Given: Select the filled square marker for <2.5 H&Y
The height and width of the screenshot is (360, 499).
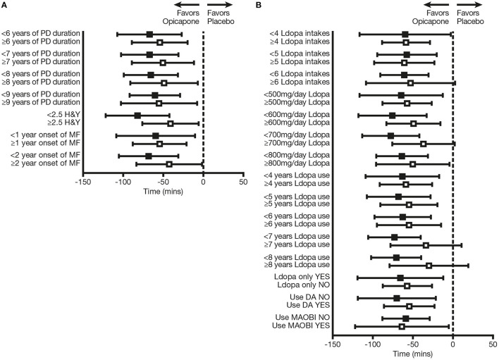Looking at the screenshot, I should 137,115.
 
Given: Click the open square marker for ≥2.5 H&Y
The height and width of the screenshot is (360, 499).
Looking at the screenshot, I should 171,123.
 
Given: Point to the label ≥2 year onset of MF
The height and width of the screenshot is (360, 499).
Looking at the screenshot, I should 47,164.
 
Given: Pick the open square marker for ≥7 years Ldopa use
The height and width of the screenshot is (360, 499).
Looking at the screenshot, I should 426,245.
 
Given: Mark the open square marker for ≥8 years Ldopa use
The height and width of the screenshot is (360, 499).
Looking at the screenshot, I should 429,266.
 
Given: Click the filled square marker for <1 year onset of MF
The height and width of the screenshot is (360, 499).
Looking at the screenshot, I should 156,135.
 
